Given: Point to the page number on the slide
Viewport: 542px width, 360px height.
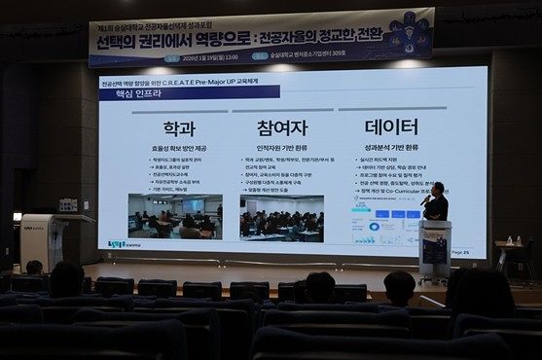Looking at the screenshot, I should coord(458,251).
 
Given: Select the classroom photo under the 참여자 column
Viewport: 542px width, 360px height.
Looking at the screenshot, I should coord(281,217).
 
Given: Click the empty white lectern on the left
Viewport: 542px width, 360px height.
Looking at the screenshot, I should coord(41,239).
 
